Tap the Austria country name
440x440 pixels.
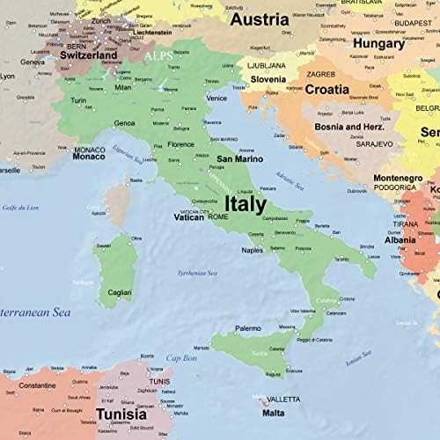pyautogui.click(x=259, y=19)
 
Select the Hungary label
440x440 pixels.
pyautogui.click(x=378, y=42)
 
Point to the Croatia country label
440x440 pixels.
pyautogui.click(x=328, y=89)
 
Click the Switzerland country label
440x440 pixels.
pyautogui.click(x=88, y=55)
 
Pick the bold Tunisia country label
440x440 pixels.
pyautogui.click(x=121, y=414)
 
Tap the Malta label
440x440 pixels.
pyautogui.click(x=273, y=413)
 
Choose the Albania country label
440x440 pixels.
pyautogui.click(x=400, y=239)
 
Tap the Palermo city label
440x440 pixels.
pyautogui.click(x=247, y=328)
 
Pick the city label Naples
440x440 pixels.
pyautogui.click(x=253, y=250)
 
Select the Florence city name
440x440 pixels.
pyautogui.click(x=181, y=144)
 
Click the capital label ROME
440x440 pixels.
pyautogui.click(x=218, y=216)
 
